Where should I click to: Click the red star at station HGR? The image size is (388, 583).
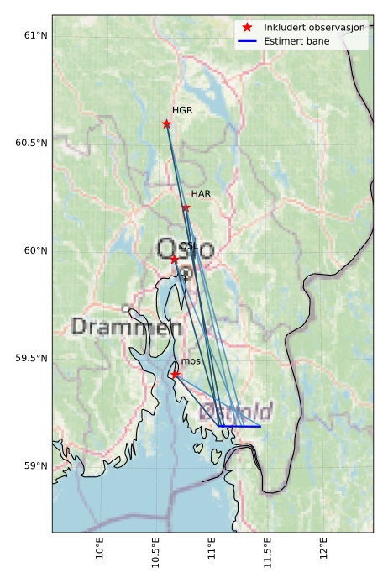[166, 123]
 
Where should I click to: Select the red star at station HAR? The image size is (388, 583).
[186, 207]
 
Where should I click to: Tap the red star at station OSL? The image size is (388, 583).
[175, 259]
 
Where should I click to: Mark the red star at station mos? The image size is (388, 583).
[175, 374]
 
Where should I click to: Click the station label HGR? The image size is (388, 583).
[182, 110]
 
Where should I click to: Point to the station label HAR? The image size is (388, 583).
[201, 194]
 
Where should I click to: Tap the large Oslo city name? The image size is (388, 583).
[185, 249]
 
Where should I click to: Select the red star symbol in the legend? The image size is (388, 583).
[247, 27]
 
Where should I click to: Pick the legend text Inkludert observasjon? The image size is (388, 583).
[314, 27]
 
